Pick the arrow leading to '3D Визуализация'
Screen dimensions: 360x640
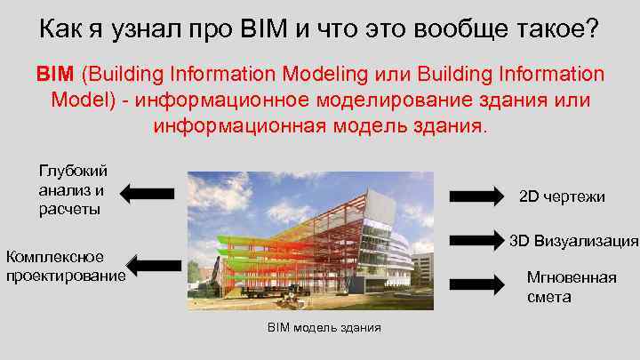tap(477, 239)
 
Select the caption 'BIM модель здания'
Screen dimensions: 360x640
tap(324, 328)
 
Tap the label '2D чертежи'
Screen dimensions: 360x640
tap(562, 196)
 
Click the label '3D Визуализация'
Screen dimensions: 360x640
tap(573, 240)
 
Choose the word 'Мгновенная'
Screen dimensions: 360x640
tap(572, 277)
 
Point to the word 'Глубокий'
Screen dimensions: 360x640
tap(73, 171)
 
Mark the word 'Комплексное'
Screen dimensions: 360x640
tap(55, 257)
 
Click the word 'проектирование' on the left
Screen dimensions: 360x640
tap(66, 276)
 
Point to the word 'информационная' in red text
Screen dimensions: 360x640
tap(232, 124)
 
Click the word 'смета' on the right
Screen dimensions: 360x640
tap(548, 297)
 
